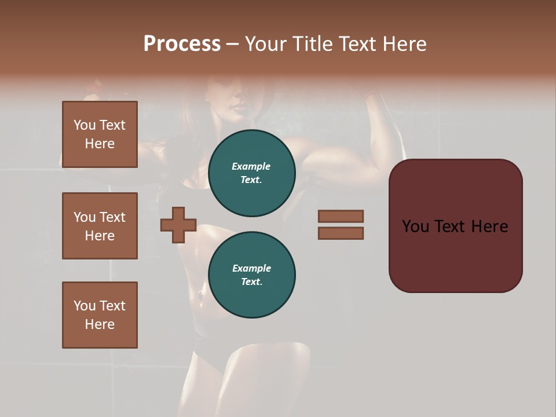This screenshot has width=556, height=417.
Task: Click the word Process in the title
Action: pyautogui.click(x=182, y=44)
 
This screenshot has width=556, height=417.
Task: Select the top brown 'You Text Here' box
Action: pyautogui.click(x=100, y=134)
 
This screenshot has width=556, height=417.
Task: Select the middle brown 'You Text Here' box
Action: pyautogui.click(x=100, y=226)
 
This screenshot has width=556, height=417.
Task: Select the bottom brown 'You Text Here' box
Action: pyautogui.click(x=100, y=315)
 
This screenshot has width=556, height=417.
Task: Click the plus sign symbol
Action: pyautogui.click(x=178, y=225)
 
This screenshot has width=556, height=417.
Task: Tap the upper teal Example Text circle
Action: pyautogui.click(x=251, y=173)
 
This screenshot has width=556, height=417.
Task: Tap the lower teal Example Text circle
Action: pyautogui.click(x=251, y=275)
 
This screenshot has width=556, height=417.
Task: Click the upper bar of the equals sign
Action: pyautogui.click(x=341, y=216)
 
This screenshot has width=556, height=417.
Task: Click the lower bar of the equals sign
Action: pyautogui.click(x=341, y=233)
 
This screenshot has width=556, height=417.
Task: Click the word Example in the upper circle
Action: pyautogui.click(x=251, y=166)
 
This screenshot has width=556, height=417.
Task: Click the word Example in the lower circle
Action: pyautogui.click(x=251, y=268)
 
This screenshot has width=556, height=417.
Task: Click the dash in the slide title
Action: pyautogui.click(x=232, y=45)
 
